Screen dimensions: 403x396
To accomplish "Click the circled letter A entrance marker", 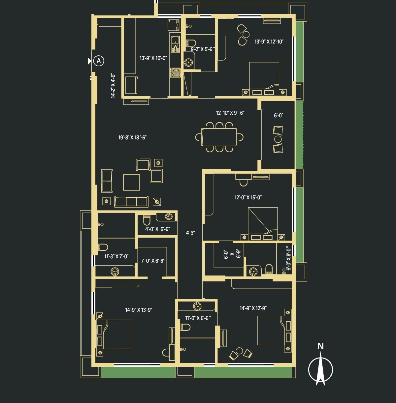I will click(x=98, y=61).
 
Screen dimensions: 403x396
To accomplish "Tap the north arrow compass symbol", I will click(x=320, y=369).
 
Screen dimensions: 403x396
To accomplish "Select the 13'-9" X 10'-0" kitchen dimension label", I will click(x=153, y=58).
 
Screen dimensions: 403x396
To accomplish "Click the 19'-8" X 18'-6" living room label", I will click(x=132, y=137).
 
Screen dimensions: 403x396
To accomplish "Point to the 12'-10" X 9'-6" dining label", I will click(x=230, y=113).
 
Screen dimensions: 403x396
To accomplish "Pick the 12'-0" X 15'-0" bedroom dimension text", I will click(x=248, y=197).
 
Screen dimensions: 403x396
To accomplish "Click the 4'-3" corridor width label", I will click(x=190, y=233).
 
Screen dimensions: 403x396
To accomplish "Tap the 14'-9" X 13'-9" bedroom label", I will click(x=139, y=310).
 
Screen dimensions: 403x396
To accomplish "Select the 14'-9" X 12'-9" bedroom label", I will click(x=253, y=308).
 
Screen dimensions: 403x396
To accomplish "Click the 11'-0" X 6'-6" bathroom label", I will click(x=197, y=318).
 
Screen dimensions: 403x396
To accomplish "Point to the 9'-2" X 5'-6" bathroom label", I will click(x=203, y=49).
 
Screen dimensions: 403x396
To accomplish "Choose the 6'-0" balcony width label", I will click(x=279, y=116).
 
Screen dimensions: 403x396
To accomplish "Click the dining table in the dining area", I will click(x=219, y=137).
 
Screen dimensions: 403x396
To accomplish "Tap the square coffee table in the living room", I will click(x=131, y=182).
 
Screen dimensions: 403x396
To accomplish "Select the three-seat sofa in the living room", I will click(x=131, y=201).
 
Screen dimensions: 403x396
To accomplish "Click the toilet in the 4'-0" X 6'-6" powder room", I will click(x=147, y=219).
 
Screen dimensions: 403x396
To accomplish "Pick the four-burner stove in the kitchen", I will click(x=175, y=72).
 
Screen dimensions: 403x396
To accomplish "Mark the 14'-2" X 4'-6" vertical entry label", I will click(x=113, y=86).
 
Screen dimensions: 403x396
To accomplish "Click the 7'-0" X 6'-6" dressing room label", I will click(x=153, y=261).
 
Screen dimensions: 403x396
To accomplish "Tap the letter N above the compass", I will click(x=320, y=346).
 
